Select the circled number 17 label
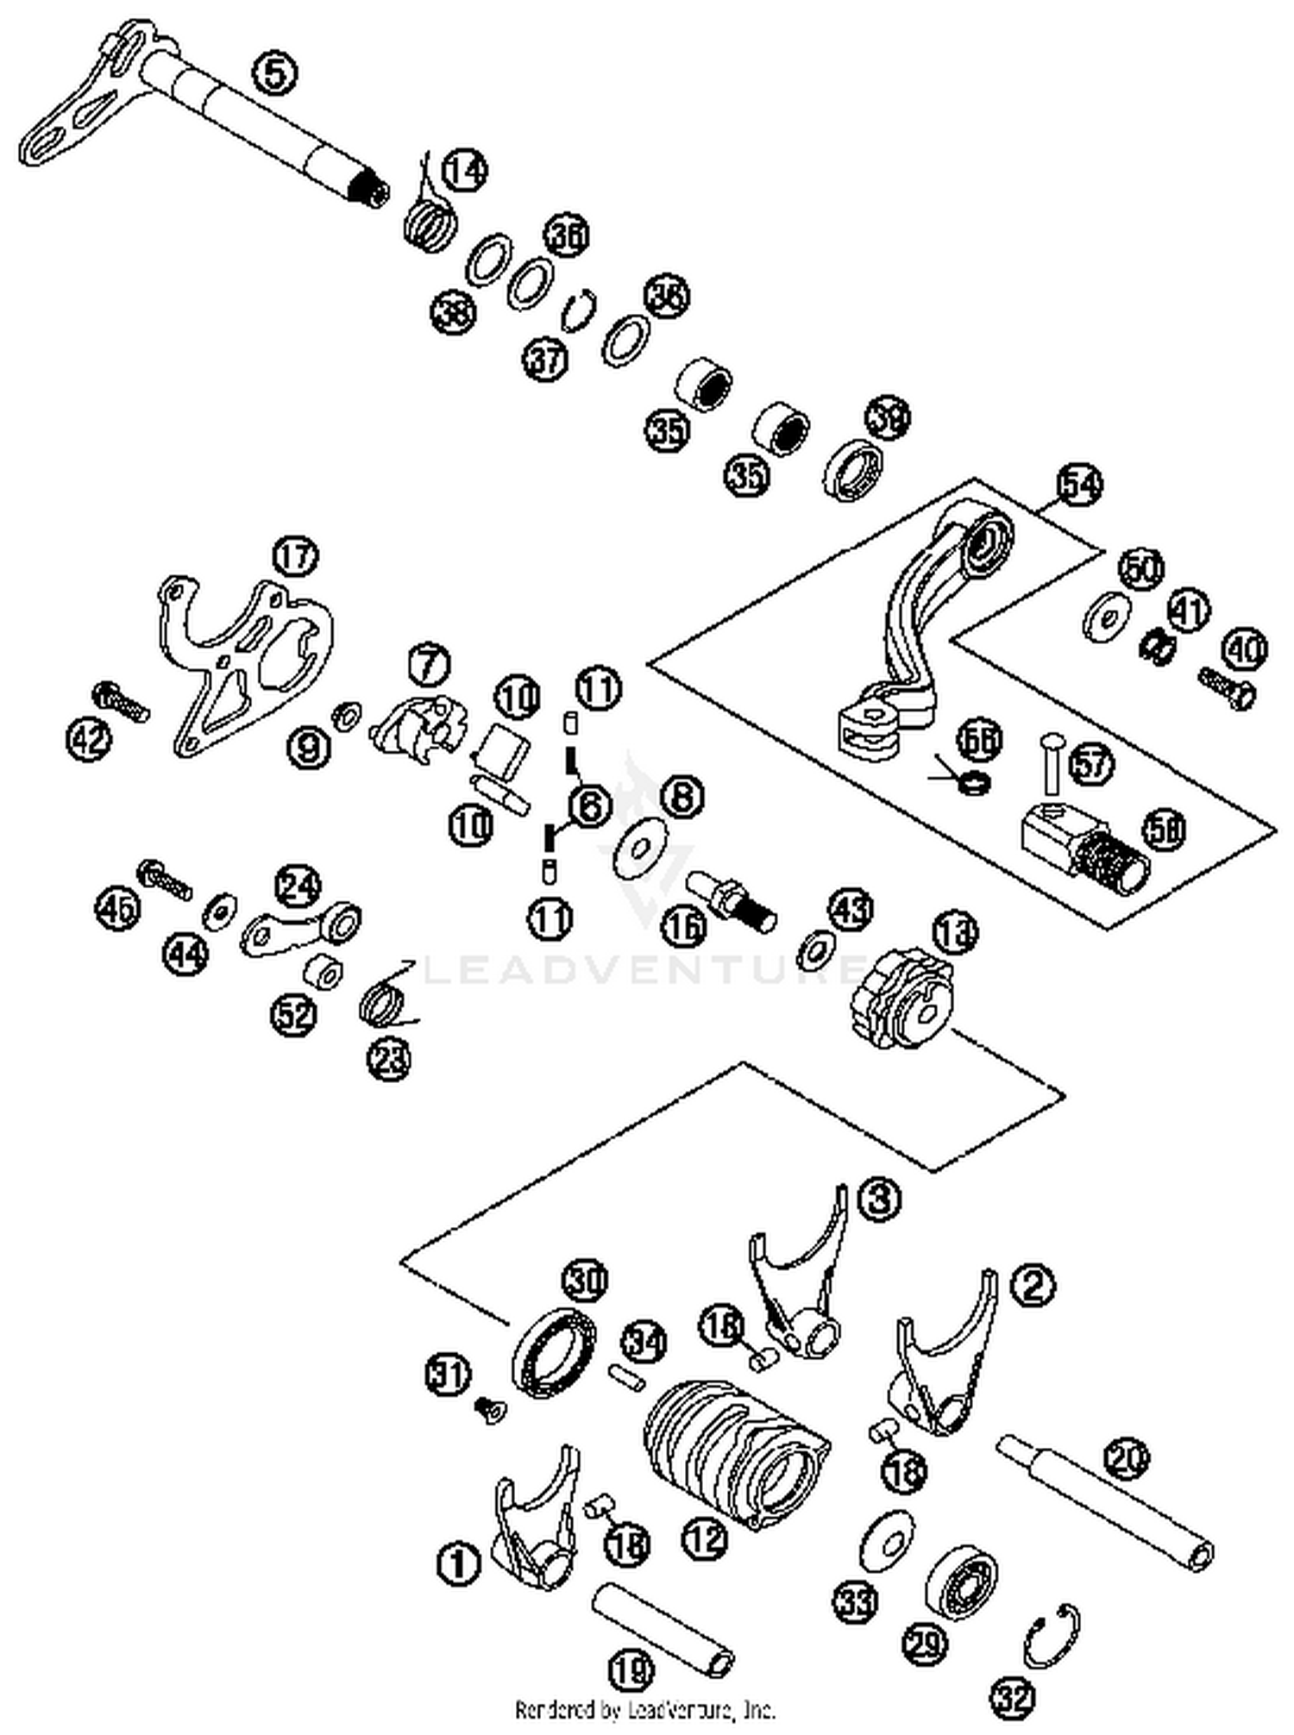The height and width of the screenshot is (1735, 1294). (295, 556)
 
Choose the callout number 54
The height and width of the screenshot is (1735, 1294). (1079, 485)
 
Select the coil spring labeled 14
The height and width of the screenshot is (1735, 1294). (429, 222)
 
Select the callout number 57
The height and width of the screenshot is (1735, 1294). (1091, 764)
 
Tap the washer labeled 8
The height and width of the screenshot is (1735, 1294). (642, 849)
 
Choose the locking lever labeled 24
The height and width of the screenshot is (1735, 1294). (302, 928)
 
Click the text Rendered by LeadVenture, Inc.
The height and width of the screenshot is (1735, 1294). (645, 1708)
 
